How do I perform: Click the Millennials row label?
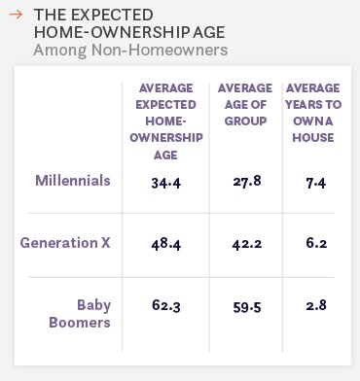(73, 181)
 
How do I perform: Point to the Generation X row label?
(65, 242)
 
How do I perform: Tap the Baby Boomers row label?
(83, 312)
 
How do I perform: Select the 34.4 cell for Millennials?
(164, 182)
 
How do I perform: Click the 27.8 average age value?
(245, 182)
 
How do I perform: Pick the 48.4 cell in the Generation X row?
(164, 243)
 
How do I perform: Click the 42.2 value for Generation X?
(245, 243)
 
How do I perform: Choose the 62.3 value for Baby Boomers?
(164, 305)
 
